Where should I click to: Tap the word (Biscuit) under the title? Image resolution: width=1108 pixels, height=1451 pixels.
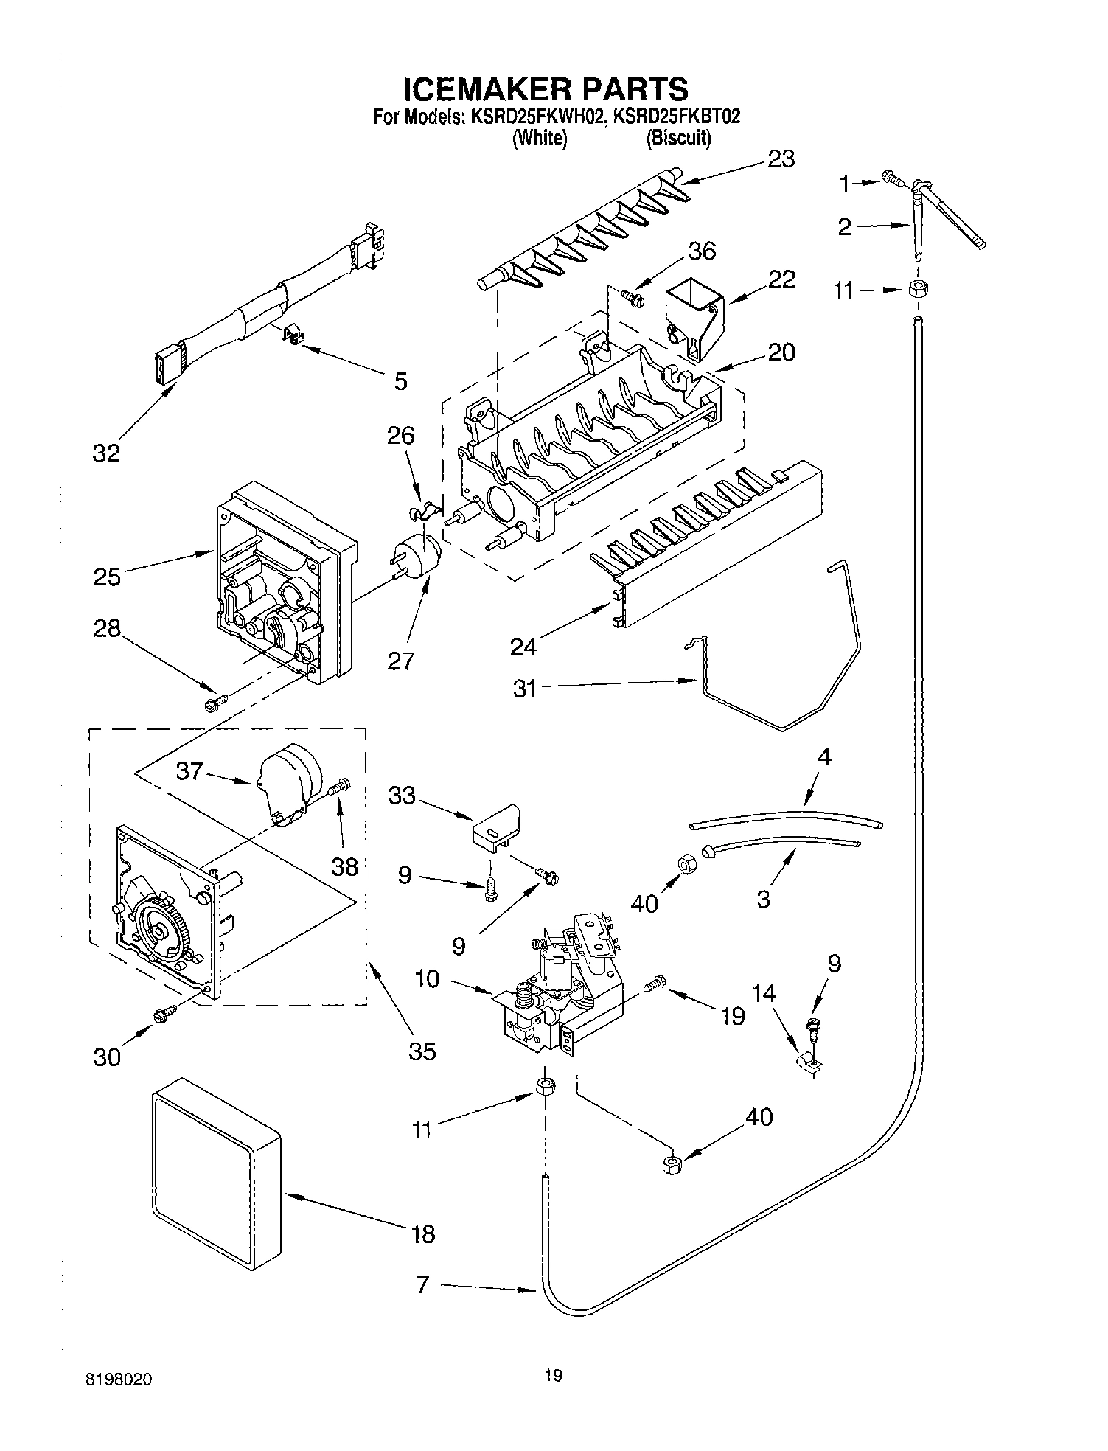[678, 138]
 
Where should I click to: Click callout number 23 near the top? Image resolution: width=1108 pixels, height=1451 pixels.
[781, 159]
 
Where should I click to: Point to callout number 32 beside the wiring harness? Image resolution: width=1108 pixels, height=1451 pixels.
[106, 453]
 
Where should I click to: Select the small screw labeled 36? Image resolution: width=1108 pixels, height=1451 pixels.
[633, 298]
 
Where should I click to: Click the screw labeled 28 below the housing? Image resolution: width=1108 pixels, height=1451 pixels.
[215, 704]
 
